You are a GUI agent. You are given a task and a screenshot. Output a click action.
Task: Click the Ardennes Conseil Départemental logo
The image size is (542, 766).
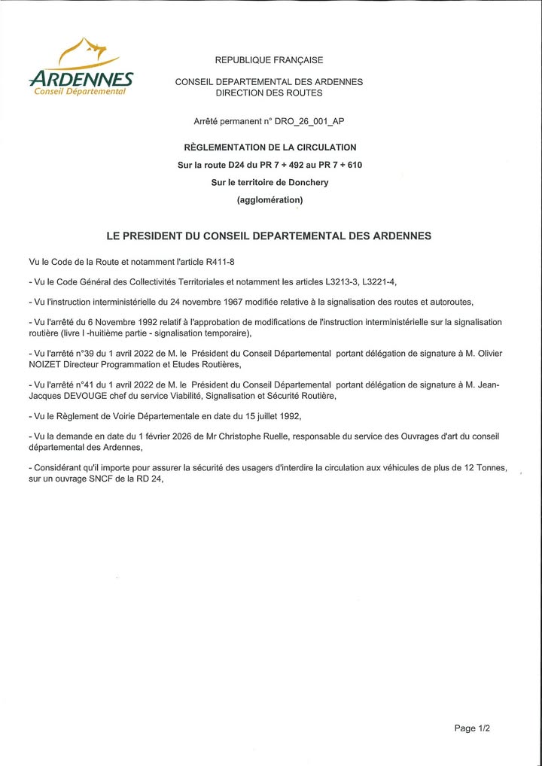click(81, 71)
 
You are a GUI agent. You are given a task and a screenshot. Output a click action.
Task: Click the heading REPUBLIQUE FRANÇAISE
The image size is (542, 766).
click(269, 60)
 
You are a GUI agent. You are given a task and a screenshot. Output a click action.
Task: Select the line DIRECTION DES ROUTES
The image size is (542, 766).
click(269, 93)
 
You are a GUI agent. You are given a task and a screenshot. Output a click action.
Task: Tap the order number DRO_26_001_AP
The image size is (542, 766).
click(307, 121)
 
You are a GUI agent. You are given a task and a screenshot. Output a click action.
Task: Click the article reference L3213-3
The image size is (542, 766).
click(343, 282)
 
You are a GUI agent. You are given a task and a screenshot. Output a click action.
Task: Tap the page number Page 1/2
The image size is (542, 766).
click(472, 728)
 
